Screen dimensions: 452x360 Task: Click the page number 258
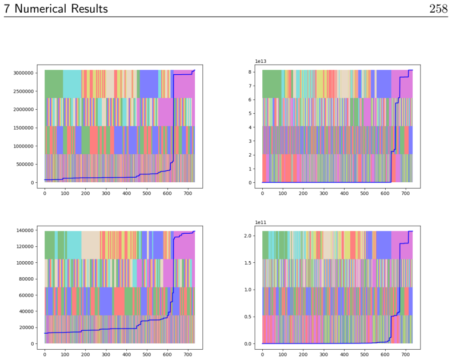439,9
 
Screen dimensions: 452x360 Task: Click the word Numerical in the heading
41,9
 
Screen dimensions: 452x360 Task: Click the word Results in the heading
89,9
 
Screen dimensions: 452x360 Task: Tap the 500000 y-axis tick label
25,165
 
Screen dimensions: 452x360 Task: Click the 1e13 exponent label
261,61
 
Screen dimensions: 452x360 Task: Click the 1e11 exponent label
261,222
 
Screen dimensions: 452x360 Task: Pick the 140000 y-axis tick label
25,230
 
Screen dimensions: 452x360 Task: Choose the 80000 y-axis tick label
26,279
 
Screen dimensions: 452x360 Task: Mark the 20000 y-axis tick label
26,327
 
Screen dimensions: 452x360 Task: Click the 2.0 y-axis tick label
247,236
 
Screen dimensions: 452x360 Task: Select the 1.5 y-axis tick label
247,263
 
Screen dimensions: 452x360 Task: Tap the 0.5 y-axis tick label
247,317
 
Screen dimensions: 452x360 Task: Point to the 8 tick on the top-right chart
250,72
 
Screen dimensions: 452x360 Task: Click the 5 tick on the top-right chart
250,113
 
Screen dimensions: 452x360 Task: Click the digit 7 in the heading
7,9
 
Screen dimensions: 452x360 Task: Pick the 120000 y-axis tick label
25,246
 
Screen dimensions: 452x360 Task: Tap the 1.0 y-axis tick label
247,290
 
